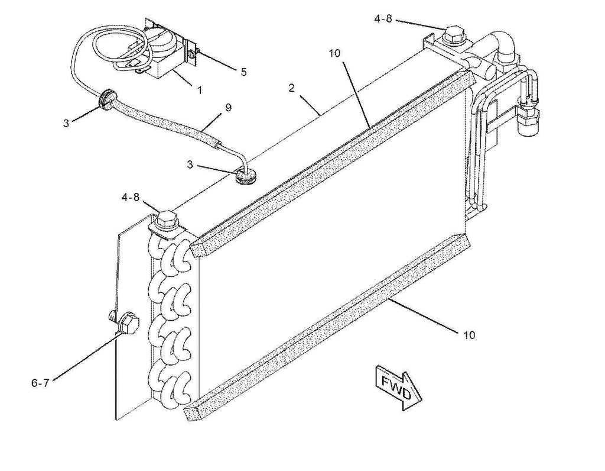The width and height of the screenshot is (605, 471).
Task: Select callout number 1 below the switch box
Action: tap(199, 90)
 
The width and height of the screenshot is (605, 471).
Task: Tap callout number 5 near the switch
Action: tap(243, 72)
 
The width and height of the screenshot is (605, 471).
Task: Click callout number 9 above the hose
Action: tap(228, 108)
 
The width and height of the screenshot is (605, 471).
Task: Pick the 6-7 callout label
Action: tap(40, 383)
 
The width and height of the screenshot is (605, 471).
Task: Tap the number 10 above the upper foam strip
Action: tap(335, 53)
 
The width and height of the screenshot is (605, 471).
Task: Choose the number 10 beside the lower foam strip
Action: tap(469, 335)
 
